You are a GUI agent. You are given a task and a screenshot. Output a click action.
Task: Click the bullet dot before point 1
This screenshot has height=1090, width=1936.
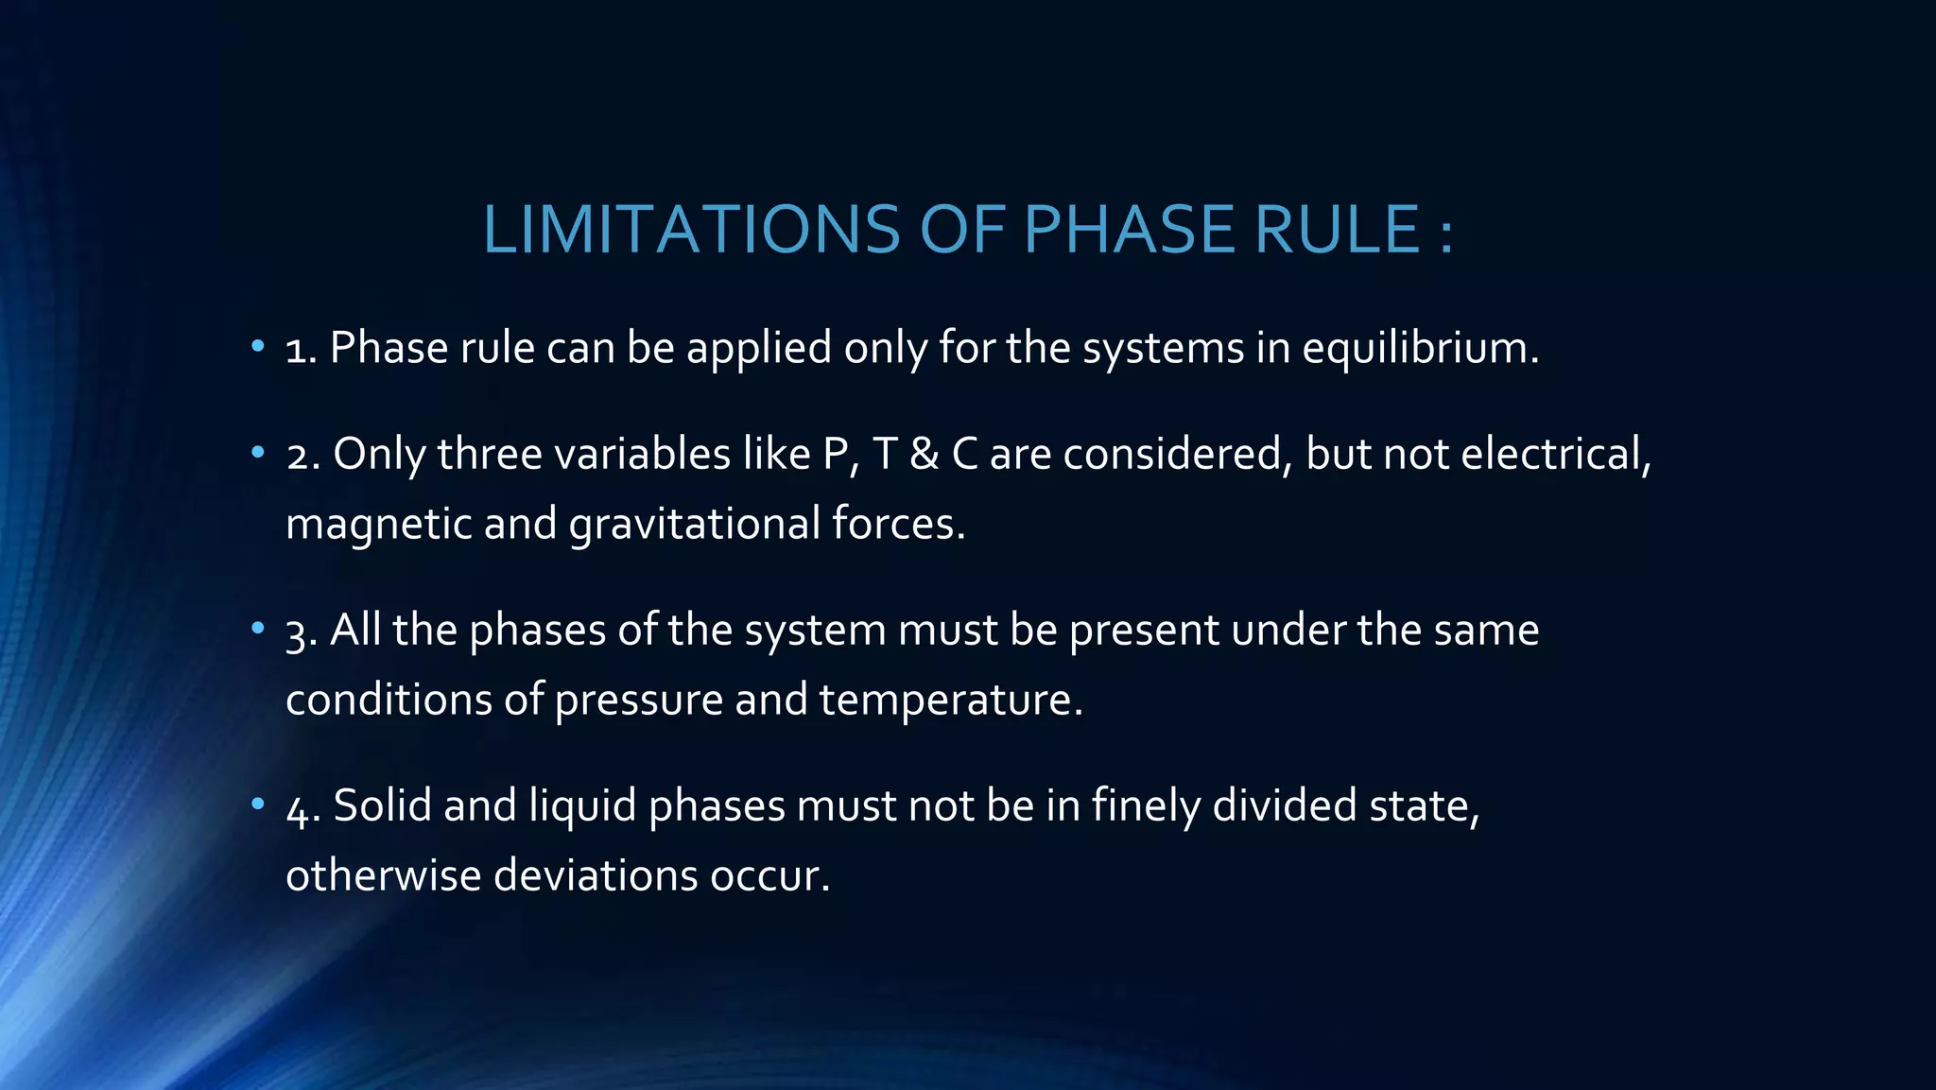pyautogui.click(x=257, y=347)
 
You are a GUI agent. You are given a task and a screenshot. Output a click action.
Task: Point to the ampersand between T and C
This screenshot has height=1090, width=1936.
pyautogui.click(x=924, y=455)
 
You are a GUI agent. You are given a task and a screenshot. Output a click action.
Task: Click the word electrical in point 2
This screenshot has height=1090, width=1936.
pyautogui.click(x=1555, y=455)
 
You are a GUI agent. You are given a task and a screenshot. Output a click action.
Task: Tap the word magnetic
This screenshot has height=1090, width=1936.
pyautogui.click(x=378, y=525)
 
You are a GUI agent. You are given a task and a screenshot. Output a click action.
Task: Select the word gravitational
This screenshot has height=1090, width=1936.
pyautogui.click(x=695, y=525)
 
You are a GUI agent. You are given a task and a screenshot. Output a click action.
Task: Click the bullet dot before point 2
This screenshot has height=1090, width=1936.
pyautogui.click(x=257, y=454)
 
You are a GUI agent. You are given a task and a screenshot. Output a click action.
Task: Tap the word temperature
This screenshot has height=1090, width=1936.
pyautogui.click(x=950, y=701)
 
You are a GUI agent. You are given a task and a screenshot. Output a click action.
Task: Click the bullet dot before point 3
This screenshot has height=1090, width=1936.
pyautogui.click(x=257, y=629)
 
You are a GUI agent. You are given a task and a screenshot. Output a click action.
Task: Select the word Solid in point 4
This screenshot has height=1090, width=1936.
pyautogui.click(x=382, y=806)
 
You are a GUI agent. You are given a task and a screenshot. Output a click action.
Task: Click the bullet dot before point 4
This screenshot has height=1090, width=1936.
pyautogui.click(x=257, y=805)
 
